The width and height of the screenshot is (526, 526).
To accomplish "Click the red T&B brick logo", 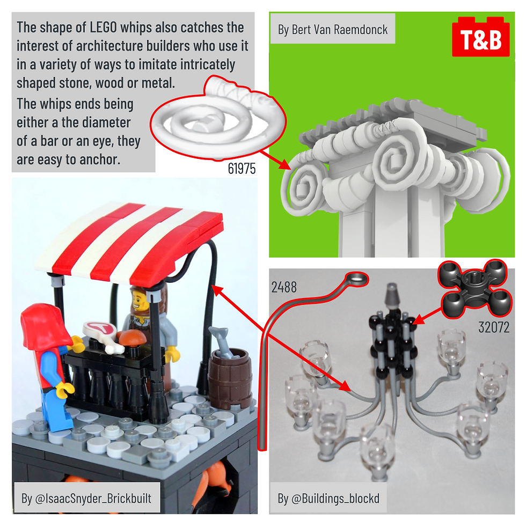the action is click(481, 38).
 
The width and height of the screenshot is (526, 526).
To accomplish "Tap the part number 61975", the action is click(242, 169).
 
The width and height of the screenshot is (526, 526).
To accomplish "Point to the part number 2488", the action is click(284, 287).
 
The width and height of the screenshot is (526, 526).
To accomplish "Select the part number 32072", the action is click(494, 327).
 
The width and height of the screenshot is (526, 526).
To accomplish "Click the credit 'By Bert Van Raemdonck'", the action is click(332, 30).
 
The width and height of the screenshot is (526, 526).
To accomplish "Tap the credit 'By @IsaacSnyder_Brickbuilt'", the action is click(86, 498).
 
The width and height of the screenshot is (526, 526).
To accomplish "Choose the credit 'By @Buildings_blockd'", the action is click(328, 498).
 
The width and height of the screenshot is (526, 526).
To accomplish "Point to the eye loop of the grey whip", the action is click(357, 279).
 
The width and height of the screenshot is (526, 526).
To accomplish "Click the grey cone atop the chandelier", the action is click(392, 296).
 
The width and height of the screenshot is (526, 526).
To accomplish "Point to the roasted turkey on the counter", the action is click(131, 337).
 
